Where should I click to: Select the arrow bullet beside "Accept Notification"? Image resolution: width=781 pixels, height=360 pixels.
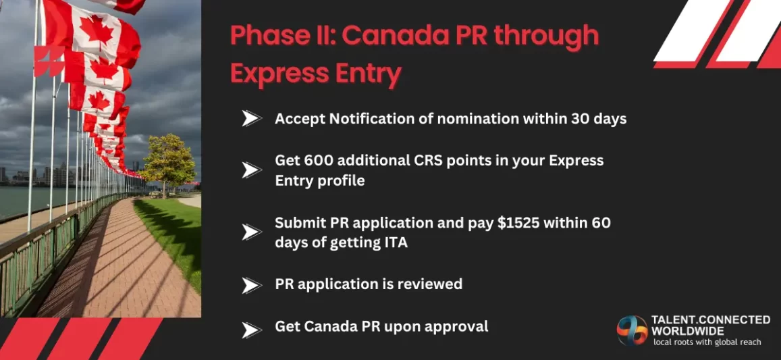click(x=251, y=119)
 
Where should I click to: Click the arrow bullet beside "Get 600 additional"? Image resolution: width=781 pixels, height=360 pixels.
click(x=251, y=170)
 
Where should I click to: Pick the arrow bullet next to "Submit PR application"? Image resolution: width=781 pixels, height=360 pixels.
click(x=251, y=232)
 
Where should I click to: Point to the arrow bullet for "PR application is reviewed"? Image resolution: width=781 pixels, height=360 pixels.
click(x=251, y=285)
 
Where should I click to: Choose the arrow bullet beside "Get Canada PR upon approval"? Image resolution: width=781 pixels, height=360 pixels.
click(x=251, y=330)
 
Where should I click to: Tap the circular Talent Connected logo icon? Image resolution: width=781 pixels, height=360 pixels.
click(x=632, y=330)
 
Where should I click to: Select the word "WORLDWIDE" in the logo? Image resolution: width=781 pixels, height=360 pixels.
click(x=687, y=331)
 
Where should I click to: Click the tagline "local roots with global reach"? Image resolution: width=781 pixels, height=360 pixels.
click(x=707, y=342)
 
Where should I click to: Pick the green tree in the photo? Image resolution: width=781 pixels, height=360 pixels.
click(x=167, y=162)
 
